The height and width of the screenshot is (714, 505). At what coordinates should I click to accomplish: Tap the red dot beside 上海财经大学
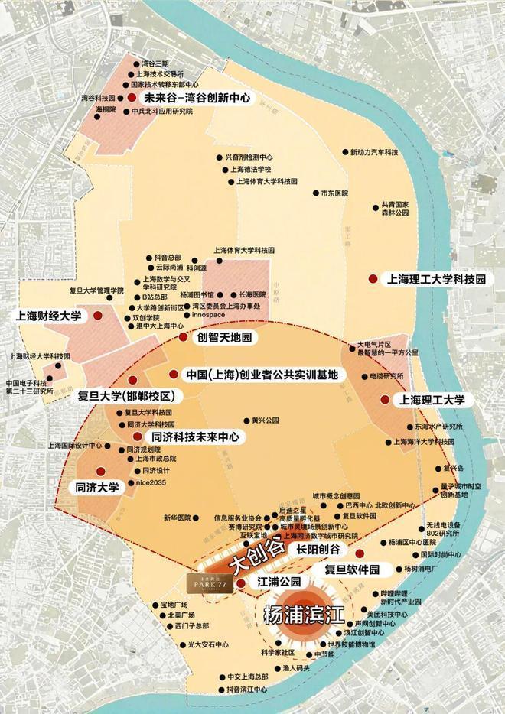coord(97,315)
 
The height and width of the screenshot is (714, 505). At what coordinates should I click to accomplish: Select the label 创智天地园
coord(225,337)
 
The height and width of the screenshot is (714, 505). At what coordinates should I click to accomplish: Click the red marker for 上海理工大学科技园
coord(372,280)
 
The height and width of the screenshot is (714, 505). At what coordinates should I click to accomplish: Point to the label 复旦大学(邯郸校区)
coord(127,397)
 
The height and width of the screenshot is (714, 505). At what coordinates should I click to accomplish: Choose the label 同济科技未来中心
coord(196,437)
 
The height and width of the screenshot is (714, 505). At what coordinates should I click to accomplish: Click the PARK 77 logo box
coord(209,583)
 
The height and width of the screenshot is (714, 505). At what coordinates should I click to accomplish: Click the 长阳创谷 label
coord(318,550)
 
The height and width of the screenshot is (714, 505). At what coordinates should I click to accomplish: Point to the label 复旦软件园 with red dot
coord(352,569)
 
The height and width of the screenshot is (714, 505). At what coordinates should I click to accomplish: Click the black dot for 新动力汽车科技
coord(345,153)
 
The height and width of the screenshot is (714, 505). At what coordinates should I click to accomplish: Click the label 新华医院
coord(174,518)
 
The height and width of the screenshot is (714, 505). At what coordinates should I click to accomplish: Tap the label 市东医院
coord(334,193)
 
